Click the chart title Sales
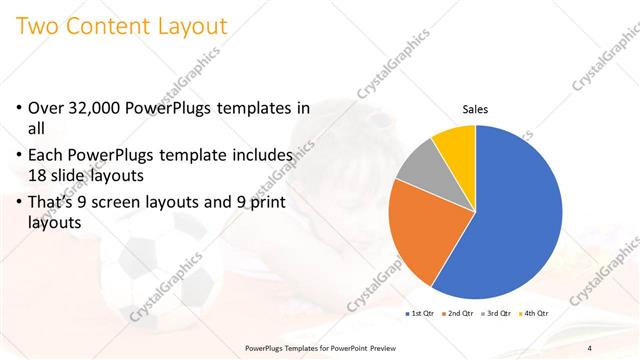tap(475, 110)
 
